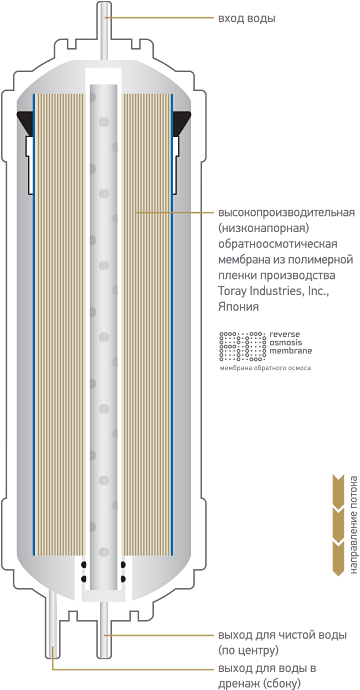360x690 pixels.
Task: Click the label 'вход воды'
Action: (x=247, y=18)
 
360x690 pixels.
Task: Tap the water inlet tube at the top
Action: (x=104, y=31)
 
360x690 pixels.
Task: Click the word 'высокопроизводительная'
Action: (x=286, y=213)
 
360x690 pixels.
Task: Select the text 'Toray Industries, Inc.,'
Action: (x=273, y=291)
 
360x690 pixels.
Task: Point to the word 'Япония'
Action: (x=238, y=307)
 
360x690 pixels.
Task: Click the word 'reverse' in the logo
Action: (x=285, y=334)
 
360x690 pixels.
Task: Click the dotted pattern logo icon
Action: (x=242, y=346)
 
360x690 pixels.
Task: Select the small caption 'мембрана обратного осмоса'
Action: (x=265, y=368)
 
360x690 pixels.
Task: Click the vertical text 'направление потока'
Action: (x=353, y=525)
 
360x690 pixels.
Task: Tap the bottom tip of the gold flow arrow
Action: (x=338, y=576)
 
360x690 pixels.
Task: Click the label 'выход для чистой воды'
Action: (x=282, y=635)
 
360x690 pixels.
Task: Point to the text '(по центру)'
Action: (x=248, y=650)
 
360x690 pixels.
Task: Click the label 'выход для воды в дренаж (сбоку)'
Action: (x=267, y=676)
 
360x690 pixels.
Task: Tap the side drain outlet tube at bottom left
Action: (x=52, y=624)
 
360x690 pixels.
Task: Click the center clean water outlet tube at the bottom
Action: (x=104, y=630)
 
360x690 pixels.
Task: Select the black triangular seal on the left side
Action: (x=26, y=123)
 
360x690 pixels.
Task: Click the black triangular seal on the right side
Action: (x=182, y=123)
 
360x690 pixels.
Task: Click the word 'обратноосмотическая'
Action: (x=278, y=244)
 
